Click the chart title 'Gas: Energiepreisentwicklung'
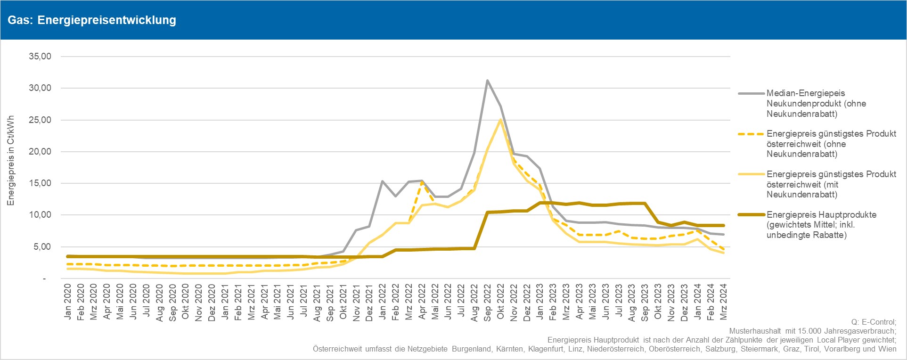pyautogui.click(x=92, y=20)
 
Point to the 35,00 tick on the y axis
pyautogui.click(x=40, y=57)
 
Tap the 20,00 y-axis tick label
pyautogui.click(x=40, y=152)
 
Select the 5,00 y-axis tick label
pyautogui.click(x=42, y=247)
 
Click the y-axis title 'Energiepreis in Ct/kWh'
pyautogui.click(x=11, y=160)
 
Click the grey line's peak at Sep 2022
pyautogui.click(x=487, y=80)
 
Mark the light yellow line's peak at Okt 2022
pyautogui.click(x=500, y=120)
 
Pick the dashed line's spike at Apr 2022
pyautogui.click(x=421, y=182)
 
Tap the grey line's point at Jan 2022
pyautogui.click(x=382, y=181)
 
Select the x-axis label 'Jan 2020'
pyautogui.click(x=67, y=302)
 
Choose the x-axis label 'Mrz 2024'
pyautogui.click(x=724, y=302)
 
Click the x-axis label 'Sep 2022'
pyautogui.click(x=488, y=302)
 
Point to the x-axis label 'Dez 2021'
pyautogui.click(x=369, y=302)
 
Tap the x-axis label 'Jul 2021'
pyautogui.click(x=304, y=302)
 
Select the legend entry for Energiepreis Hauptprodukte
pyautogui.click(x=821, y=225)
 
